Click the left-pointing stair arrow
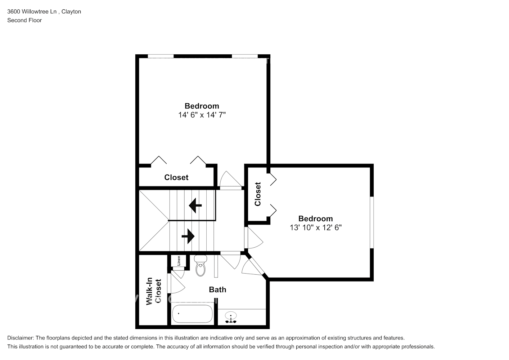point(195,206)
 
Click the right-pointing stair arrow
point(188,237)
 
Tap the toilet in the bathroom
point(201,266)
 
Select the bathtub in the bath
point(192,314)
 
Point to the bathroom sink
point(230,318)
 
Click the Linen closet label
point(179,261)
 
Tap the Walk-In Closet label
point(154,291)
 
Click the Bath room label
point(217,289)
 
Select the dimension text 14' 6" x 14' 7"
point(202,115)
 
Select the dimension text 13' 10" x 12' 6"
point(315,228)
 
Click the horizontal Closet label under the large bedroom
point(176,177)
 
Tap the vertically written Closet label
point(258,194)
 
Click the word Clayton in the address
point(71,12)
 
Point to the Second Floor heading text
point(24,20)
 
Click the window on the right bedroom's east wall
point(372,222)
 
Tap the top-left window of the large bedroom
point(161,56)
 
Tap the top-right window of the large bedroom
point(244,56)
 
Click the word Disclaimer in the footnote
point(20,338)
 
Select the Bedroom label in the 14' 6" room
point(202,106)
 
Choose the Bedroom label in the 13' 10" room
point(315,219)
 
